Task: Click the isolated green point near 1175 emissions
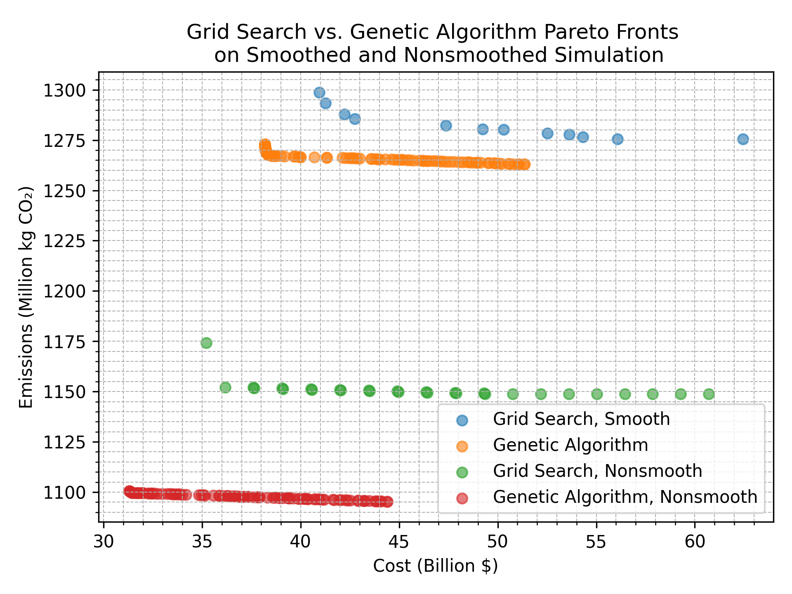pos(206,343)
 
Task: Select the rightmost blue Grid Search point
pos(743,139)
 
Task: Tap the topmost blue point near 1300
pos(319,92)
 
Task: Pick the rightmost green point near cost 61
pos(709,394)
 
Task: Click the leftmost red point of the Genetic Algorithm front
pos(129,490)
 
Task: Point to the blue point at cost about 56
pos(618,139)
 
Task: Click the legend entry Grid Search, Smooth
pos(581,419)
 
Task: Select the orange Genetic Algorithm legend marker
pos(462,446)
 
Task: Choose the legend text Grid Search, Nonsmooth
pos(597,471)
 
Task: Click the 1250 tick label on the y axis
pos(64,191)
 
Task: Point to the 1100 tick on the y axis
pos(64,492)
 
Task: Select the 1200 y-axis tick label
pos(64,291)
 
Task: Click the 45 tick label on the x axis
pos(399,542)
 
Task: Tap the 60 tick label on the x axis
pos(695,542)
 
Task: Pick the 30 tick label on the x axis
pos(104,542)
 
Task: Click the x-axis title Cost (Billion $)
pos(435,566)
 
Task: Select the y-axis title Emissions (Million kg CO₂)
pos(26,297)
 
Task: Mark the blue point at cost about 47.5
pos(445,125)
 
